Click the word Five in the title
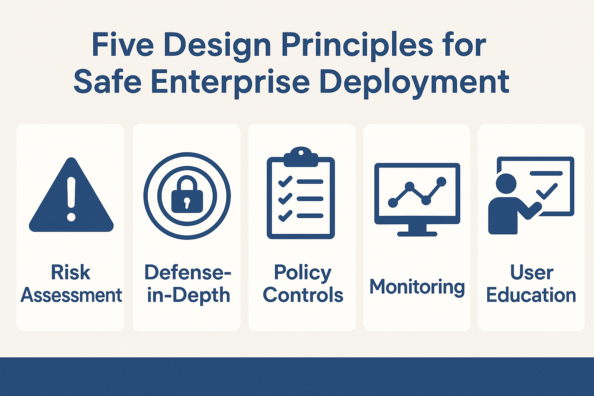pyautogui.click(x=123, y=44)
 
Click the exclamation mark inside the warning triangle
pyautogui.click(x=71, y=199)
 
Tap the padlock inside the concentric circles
pyautogui.click(x=187, y=195)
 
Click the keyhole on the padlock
pyautogui.click(x=187, y=203)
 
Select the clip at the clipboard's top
pyautogui.click(x=301, y=157)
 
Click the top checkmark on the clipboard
pyautogui.click(x=285, y=182)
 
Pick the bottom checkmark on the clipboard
pyautogui.click(x=285, y=216)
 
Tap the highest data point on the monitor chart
pyautogui.click(x=441, y=182)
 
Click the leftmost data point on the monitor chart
pyautogui.click(x=393, y=203)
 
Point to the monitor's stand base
pyautogui.click(x=417, y=234)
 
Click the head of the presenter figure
pyautogui.click(x=506, y=184)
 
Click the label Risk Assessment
pyautogui.click(x=71, y=283)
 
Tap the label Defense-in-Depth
pyautogui.click(x=188, y=283)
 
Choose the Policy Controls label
pyautogui.click(x=302, y=283)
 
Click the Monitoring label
pyautogui.click(x=417, y=287)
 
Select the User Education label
pyautogui.click(x=531, y=283)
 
